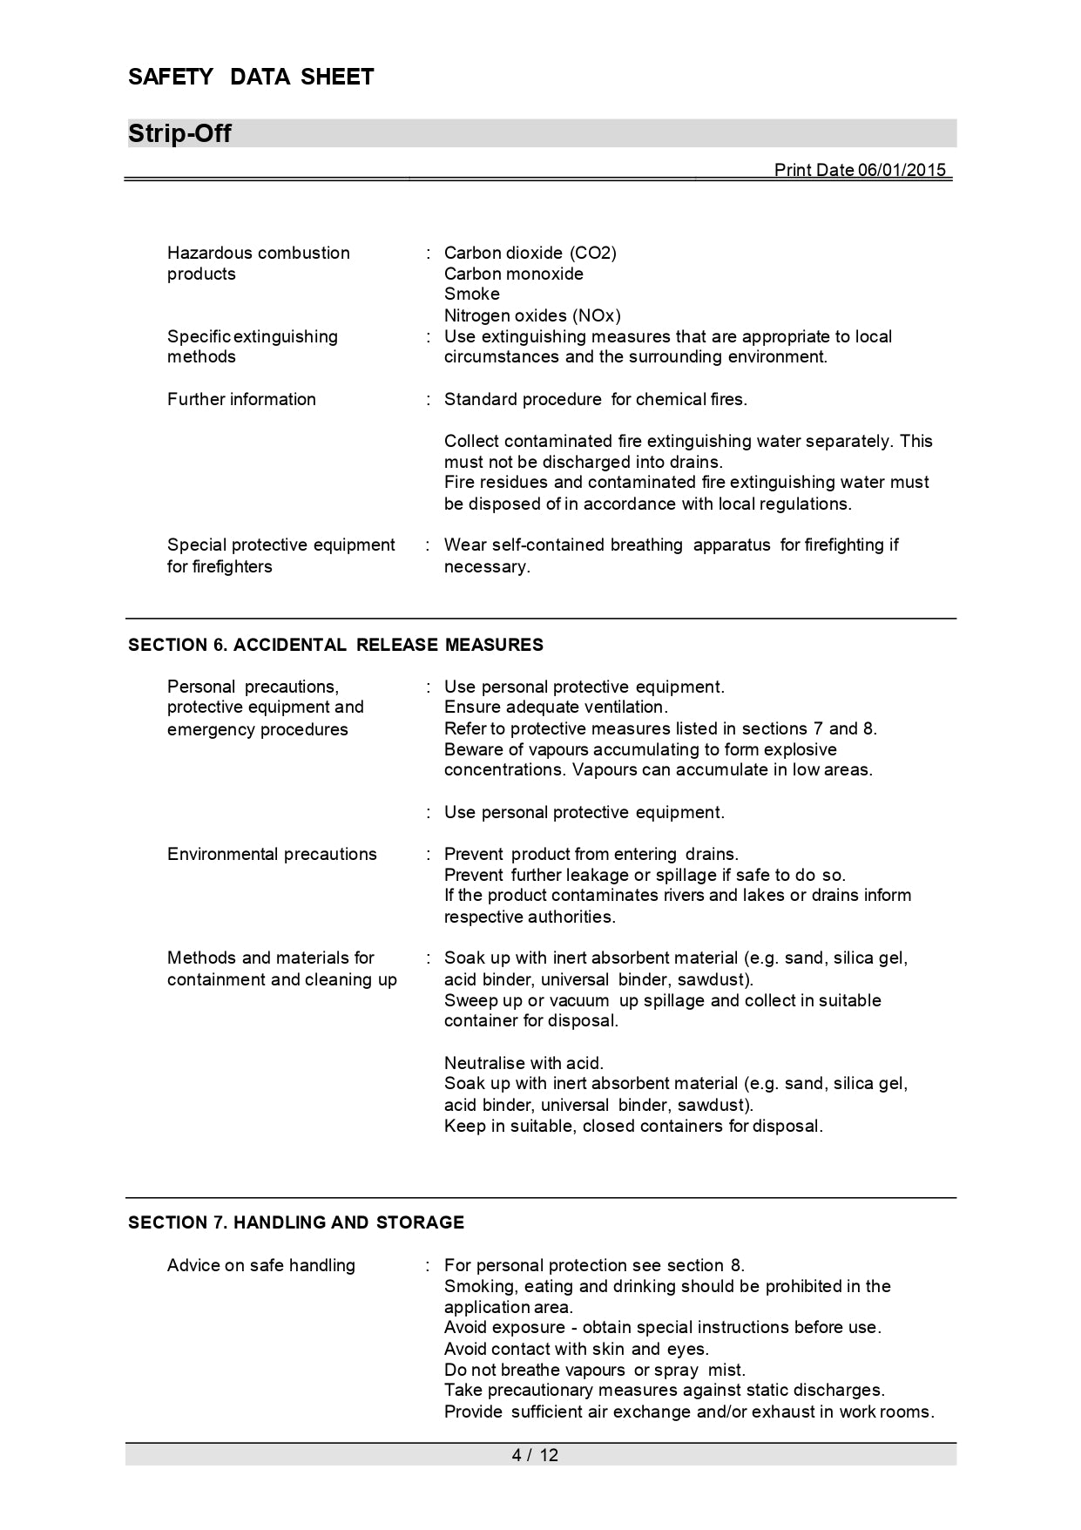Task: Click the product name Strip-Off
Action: click(179, 134)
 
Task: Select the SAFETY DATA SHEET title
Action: click(251, 78)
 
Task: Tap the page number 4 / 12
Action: click(535, 1455)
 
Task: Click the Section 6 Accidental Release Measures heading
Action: click(335, 645)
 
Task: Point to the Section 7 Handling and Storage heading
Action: click(296, 1222)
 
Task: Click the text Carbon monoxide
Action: click(514, 274)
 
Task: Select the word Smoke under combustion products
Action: click(472, 294)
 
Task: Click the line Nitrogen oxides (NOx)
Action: click(532, 315)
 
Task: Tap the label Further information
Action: click(241, 399)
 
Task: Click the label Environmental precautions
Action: click(272, 854)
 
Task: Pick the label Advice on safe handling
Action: click(261, 1265)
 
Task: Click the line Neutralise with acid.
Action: click(524, 1063)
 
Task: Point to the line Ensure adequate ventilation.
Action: click(556, 707)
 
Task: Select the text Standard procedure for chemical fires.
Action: click(596, 399)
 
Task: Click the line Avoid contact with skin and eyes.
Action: click(577, 1349)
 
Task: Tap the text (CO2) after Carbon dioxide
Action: click(593, 253)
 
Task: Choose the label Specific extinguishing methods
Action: click(253, 347)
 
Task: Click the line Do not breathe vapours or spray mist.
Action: click(595, 1370)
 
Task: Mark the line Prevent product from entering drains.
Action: click(591, 854)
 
